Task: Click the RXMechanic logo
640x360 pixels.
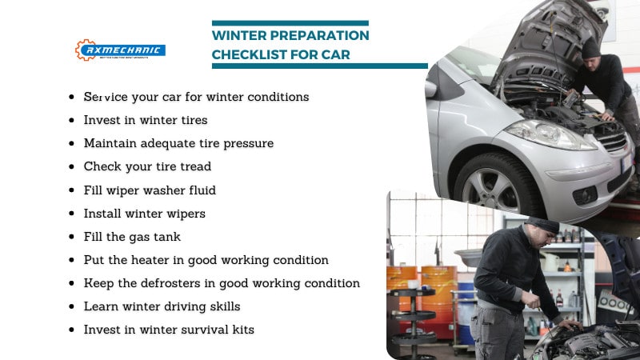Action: pos(120,50)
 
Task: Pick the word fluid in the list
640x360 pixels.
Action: pos(200,190)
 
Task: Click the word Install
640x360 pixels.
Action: pos(102,214)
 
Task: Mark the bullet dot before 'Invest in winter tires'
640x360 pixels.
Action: pos(73,121)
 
